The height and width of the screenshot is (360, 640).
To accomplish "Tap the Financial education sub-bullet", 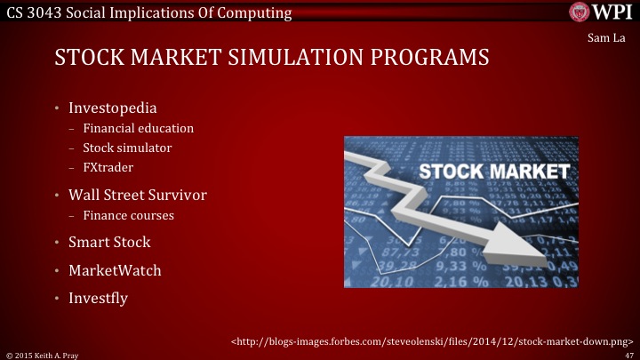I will [x=138, y=129].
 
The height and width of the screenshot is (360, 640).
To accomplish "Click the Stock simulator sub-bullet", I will [x=127, y=148].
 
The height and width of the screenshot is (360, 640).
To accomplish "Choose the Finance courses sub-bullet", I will [x=128, y=215].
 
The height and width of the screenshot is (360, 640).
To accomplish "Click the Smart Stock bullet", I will [x=109, y=242].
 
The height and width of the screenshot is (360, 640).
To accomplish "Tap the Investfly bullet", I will [x=98, y=298].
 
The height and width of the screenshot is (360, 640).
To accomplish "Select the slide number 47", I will [x=629, y=354].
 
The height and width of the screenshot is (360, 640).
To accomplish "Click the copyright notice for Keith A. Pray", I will [x=46, y=354].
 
